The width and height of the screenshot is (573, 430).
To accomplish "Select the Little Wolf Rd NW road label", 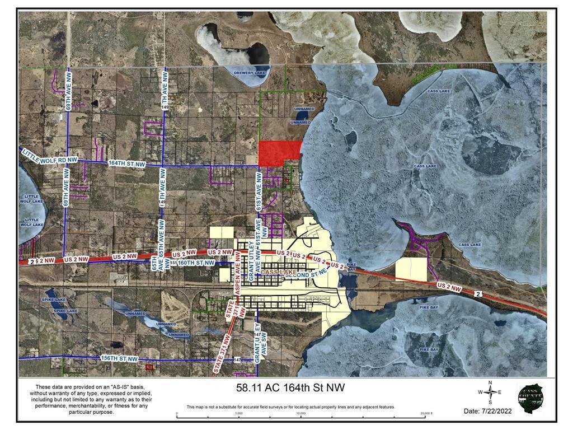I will pos(49,157).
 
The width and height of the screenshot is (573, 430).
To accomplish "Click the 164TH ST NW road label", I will pos(126,164).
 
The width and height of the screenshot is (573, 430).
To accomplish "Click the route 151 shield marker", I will pos(173,262).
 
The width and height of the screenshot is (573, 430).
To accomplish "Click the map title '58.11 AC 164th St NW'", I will pos(286,387).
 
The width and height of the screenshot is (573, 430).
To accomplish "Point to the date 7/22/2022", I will pos(487,411).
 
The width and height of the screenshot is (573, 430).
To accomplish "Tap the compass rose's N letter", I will pos(490,382).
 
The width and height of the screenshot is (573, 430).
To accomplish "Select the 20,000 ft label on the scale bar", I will pos(426,413).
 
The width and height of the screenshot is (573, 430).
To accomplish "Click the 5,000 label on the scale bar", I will pos(239,413).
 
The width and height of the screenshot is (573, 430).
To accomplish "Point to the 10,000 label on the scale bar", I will pos(300,413).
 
